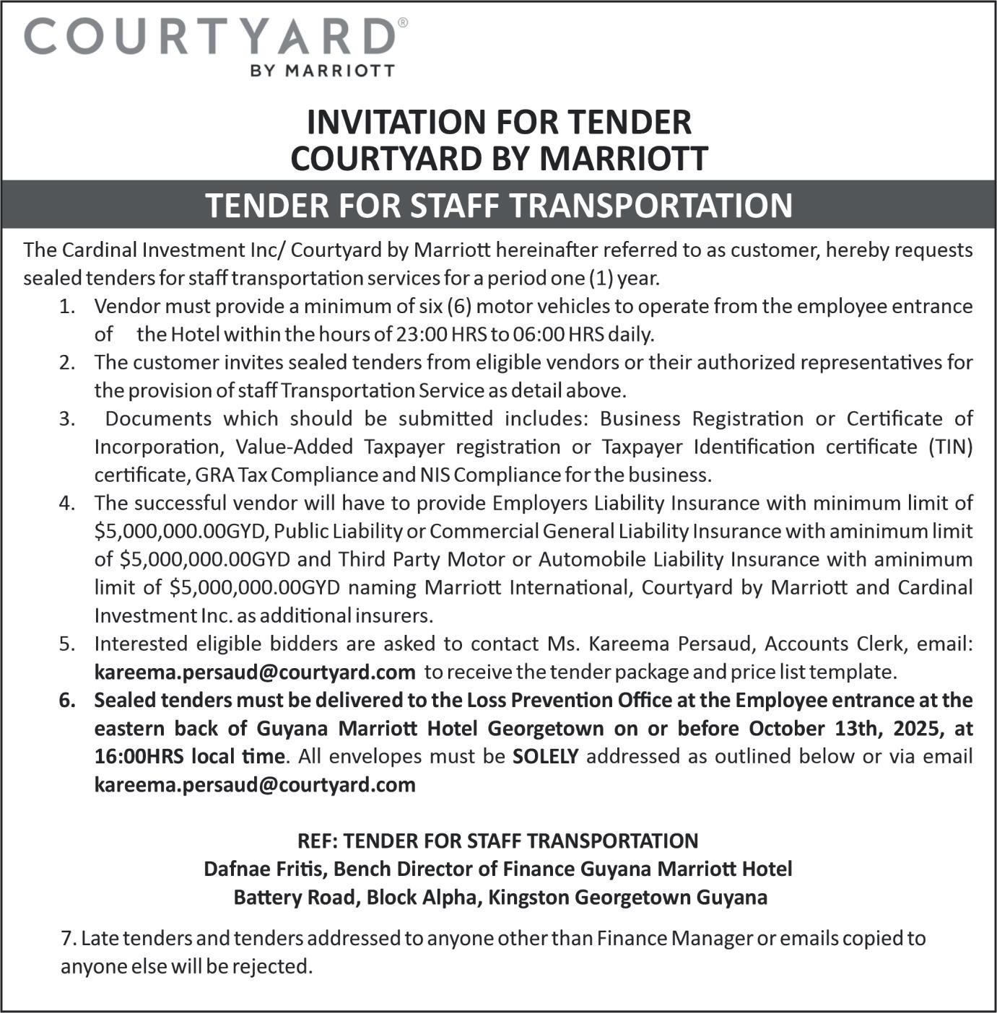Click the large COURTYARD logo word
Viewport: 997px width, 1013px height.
(x=209, y=37)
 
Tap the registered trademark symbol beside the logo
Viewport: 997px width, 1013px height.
(x=402, y=23)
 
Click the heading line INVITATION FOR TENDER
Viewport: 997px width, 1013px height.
(x=499, y=122)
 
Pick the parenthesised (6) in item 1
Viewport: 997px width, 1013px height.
(x=459, y=306)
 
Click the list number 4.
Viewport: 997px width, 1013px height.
(x=67, y=503)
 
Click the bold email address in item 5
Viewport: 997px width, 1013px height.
(x=255, y=672)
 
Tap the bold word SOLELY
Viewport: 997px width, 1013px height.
(x=546, y=756)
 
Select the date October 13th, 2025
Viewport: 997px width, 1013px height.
(x=844, y=728)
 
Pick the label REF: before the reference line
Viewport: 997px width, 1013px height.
(x=316, y=841)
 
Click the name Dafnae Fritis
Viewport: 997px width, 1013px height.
(x=265, y=869)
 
